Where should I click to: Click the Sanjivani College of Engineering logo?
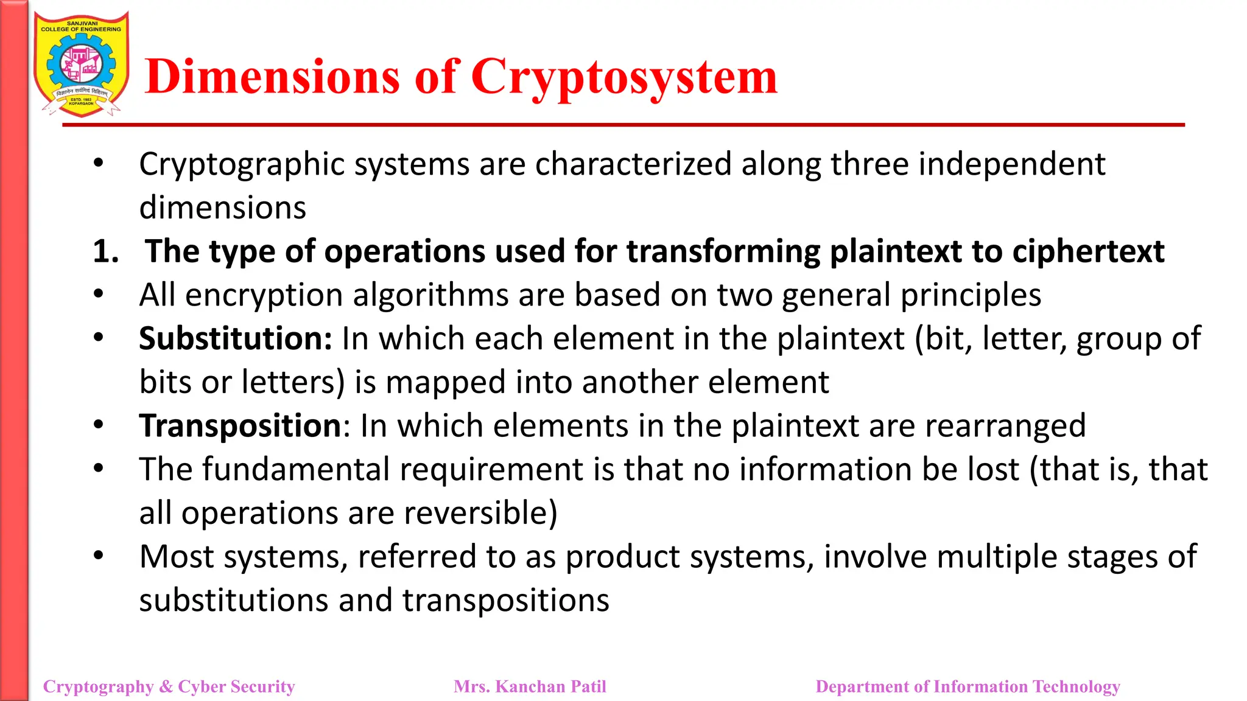pyautogui.click(x=81, y=65)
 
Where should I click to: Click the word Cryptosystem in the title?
pyautogui.click(x=624, y=78)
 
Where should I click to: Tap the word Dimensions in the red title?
pyautogui.click(x=273, y=77)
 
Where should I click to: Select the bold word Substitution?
pyautogui.click(x=235, y=338)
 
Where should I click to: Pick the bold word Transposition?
pyautogui.click(x=240, y=425)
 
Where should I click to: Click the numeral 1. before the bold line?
pyautogui.click(x=105, y=251)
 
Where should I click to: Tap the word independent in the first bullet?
pyautogui.click(x=1011, y=164)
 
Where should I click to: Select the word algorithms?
pyautogui.click(x=430, y=295)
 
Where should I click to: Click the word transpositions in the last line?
pyautogui.click(x=505, y=601)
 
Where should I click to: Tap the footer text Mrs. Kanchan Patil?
pyautogui.click(x=530, y=686)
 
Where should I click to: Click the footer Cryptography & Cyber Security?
pyautogui.click(x=169, y=686)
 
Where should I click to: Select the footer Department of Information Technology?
pyautogui.click(x=968, y=686)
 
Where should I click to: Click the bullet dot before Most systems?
pyautogui.click(x=99, y=556)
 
